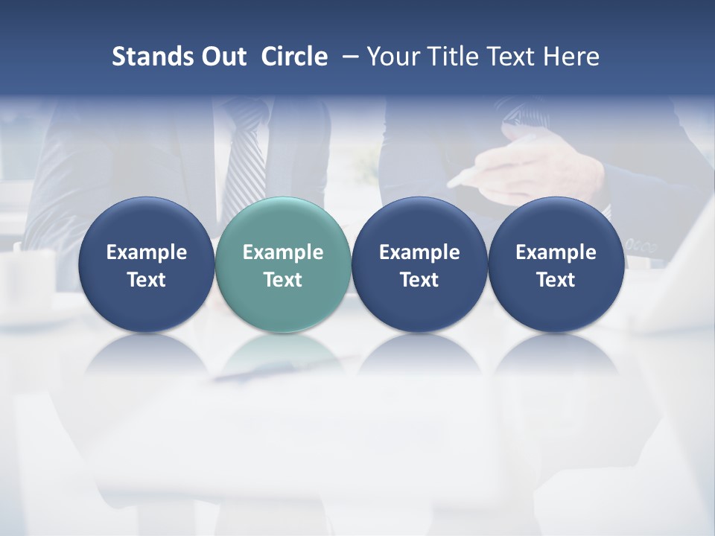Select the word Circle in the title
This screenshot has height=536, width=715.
click(x=294, y=57)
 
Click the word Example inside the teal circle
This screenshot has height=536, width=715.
click(x=282, y=252)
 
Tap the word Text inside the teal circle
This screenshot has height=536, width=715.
click(x=282, y=280)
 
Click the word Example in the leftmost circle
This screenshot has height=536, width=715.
click(x=146, y=252)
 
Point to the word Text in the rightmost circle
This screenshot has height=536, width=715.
click(x=556, y=280)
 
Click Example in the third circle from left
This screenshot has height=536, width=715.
click(x=419, y=252)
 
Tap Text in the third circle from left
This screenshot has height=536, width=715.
click(x=419, y=280)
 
